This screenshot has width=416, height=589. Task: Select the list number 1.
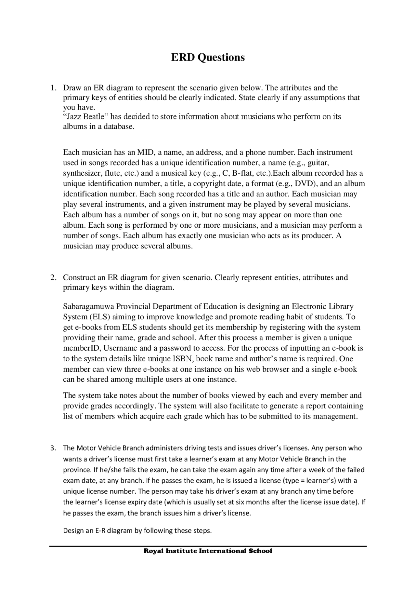pyautogui.click(x=53, y=88)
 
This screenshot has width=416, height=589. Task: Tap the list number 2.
pyautogui.click(x=53, y=277)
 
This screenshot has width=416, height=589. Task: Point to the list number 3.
pyautogui.click(x=53, y=448)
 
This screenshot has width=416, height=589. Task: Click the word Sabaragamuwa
pyautogui.click(x=88, y=306)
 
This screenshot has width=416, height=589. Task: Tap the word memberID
pyautogui.click(x=81, y=348)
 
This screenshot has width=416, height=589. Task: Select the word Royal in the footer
pyautogui.click(x=154, y=551)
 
